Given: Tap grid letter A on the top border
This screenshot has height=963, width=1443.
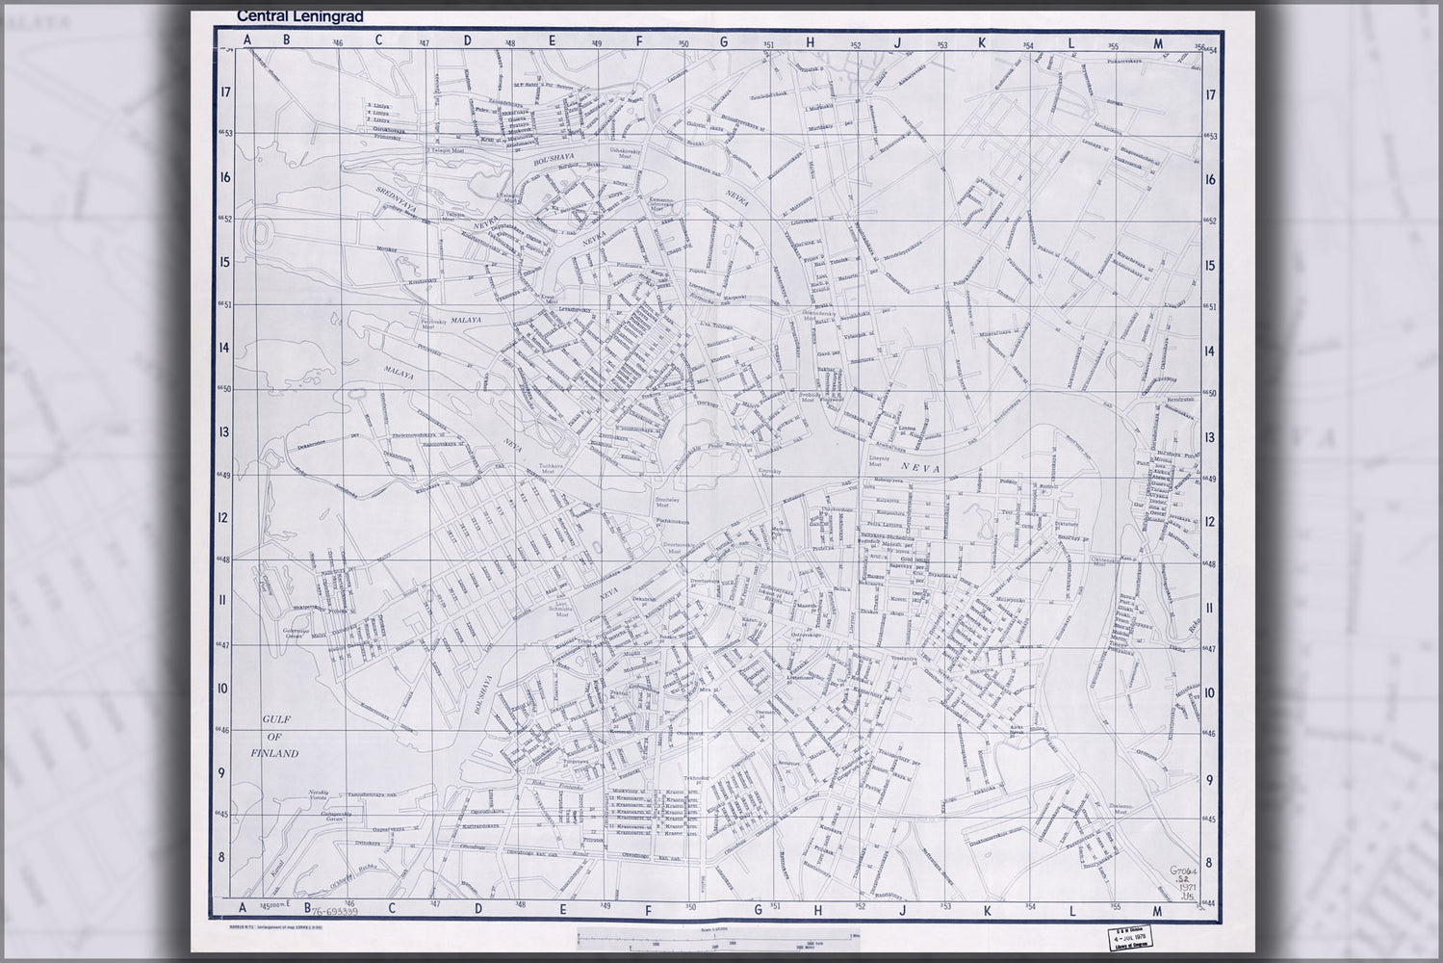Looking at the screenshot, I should [x=247, y=41].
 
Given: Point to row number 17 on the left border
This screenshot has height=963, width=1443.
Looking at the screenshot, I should [x=225, y=93].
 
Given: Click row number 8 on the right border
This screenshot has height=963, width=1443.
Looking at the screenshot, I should [x=1212, y=863].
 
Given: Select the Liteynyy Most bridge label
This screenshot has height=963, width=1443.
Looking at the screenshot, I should [x=880, y=462].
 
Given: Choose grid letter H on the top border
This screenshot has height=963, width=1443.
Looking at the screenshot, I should [x=811, y=41].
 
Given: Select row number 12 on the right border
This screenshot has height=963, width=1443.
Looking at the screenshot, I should [x=1212, y=522].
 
